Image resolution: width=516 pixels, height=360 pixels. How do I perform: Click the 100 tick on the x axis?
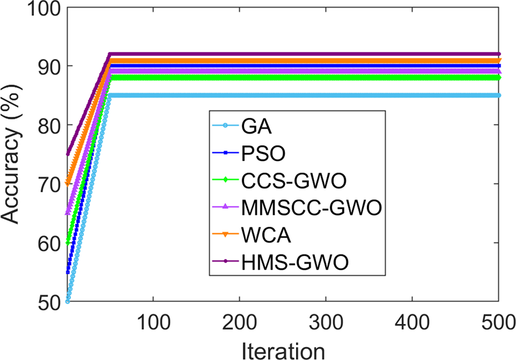click(153, 320)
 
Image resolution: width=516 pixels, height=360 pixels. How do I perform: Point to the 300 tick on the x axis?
click(325, 320)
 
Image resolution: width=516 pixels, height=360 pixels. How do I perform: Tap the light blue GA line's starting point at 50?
click(68, 301)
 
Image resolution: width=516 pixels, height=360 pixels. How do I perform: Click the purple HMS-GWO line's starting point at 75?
click(68, 154)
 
